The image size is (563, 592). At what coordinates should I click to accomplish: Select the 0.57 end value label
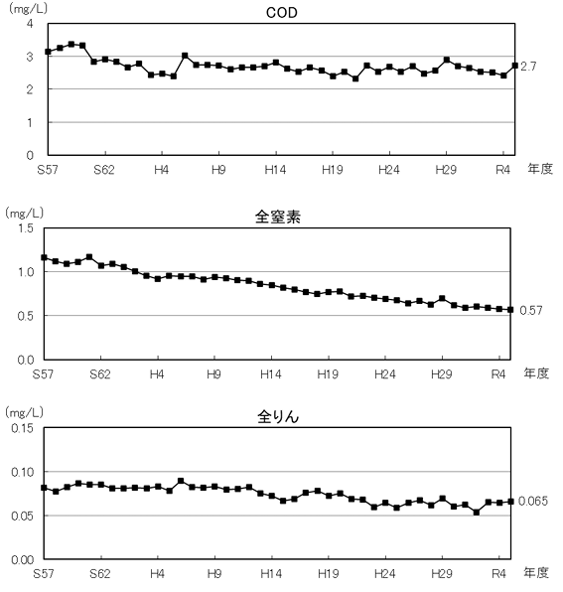(531, 310)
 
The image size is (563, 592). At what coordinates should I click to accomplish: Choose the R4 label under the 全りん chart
(501, 574)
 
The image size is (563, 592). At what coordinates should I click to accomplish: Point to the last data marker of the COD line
(513, 66)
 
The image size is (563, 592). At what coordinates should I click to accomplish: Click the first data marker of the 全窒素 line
(45, 257)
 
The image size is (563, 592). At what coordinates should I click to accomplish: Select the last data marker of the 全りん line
(512, 502)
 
